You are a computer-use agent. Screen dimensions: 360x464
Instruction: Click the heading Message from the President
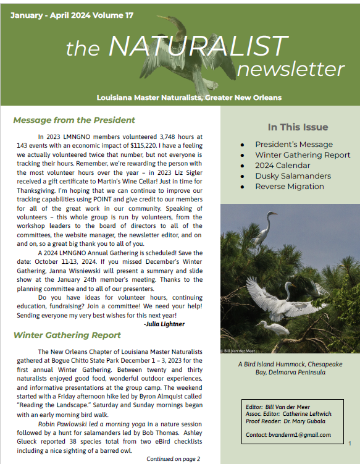pos(73,120)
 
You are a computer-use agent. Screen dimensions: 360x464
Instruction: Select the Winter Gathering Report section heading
pos(67,335)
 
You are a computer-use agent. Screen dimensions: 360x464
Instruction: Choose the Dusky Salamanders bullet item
pos(293,176)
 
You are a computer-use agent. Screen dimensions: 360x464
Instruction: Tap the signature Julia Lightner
pos(164,323)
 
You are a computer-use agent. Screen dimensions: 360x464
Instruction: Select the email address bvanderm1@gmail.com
pos(306,435)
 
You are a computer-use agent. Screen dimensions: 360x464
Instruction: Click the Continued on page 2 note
pos(173,458)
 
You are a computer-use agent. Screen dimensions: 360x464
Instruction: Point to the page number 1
pos(350,444)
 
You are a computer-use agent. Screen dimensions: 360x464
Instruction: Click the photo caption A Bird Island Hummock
pos(290,365)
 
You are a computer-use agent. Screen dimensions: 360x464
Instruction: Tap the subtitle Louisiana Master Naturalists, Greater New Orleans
pos(189,98)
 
